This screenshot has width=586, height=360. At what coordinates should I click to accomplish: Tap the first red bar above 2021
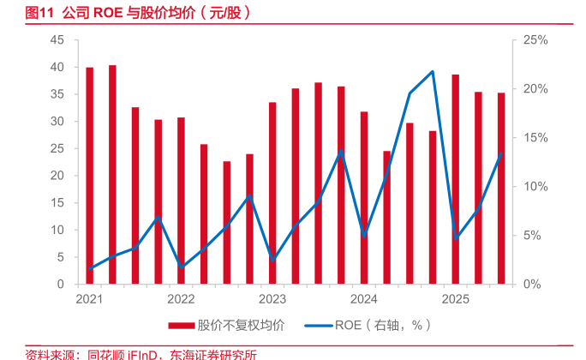90,175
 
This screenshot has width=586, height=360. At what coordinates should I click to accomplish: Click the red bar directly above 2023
272,193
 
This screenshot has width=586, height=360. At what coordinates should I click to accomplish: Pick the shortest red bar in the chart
227,222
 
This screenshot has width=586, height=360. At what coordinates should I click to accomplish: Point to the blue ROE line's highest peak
433,71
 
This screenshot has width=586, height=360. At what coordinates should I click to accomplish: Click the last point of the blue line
501,154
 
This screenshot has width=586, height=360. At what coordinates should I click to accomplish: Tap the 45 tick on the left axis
57,40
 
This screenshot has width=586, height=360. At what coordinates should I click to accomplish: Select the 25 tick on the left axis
57,148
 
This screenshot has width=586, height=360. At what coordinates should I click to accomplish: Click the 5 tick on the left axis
61,256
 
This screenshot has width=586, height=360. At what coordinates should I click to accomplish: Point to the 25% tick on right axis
530,40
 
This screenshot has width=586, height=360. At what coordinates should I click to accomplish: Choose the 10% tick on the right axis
530,186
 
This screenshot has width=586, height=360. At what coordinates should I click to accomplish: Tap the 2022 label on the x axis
181,299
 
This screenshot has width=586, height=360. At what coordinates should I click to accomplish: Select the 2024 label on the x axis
363,299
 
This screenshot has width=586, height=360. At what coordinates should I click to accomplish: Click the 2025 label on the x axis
455,299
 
